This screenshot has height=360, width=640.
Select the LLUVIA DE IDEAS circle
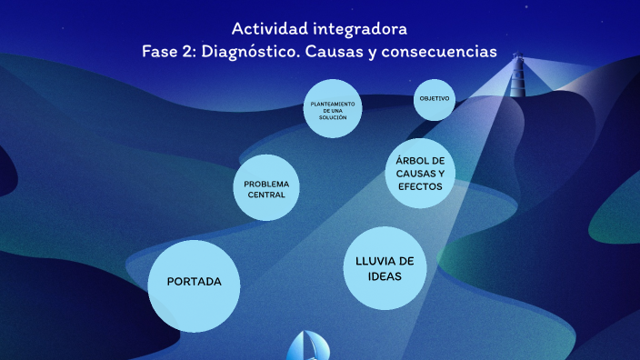(x=385, y=268)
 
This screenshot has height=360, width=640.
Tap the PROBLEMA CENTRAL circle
(x=266, y=189)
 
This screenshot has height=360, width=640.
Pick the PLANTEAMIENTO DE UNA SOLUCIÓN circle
(x=333, y=109)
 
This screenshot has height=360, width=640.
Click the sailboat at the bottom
(x=309, y=346)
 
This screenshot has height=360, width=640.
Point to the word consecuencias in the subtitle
(x=445, y=52)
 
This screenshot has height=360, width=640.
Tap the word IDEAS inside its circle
(x=385, y=276)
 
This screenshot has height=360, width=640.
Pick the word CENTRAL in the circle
(x=266, y=195)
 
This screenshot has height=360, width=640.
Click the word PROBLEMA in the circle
(x=266, y=184)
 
